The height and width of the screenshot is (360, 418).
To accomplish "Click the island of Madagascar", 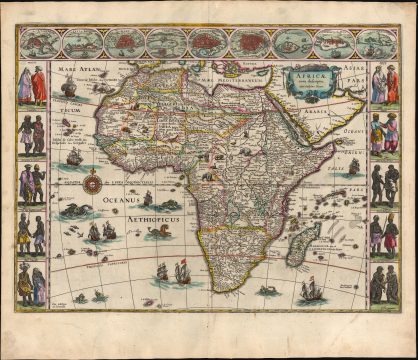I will click(307, 241).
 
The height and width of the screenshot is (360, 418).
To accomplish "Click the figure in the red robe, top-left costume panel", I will click(37, 86).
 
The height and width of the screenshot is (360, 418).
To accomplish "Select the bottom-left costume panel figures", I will click(32, 284).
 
